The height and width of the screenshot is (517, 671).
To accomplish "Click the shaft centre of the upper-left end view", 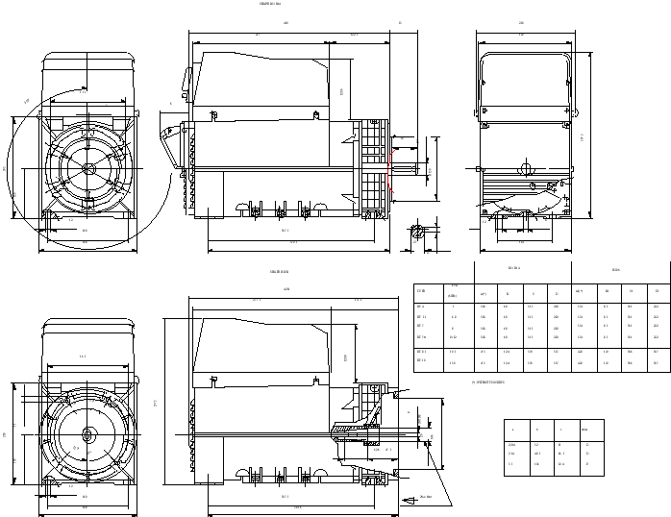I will tap(89, 166).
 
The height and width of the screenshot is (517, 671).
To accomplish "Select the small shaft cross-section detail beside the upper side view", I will tap(418, 231).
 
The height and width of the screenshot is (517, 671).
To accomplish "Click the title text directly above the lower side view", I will tap(280, 272).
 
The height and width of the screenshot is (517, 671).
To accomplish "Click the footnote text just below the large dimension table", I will tap(487, 382).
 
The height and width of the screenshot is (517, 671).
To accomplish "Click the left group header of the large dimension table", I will tap(514, 268).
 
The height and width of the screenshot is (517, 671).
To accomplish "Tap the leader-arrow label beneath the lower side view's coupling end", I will tap(426, 497).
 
